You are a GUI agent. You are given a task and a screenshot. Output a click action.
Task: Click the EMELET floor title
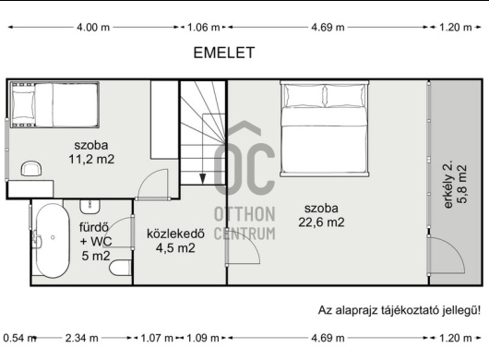pyautogui.click(x=224, y=53)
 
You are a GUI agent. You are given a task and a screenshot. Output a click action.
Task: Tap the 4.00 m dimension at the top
pyautogui.click(x=93, y=28)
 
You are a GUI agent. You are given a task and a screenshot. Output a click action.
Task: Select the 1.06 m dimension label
pyautogui.click(x=204, y=28)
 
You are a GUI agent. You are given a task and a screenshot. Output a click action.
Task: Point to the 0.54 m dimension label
pyautogui.click(x=19, y=338)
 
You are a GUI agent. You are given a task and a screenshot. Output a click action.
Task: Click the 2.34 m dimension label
pyautogui.click(x=82, y=338)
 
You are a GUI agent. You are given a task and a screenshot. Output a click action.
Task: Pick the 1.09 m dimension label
pyautogui.click(x=202, y=338)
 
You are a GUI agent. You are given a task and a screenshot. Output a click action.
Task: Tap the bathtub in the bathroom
pyautogui.click(x=53, y=241)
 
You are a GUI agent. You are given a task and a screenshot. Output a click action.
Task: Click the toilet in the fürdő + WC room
pyautogui.click(x=120, y=268)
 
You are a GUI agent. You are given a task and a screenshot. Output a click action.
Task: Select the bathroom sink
pyautogui.click(x=90, y=206)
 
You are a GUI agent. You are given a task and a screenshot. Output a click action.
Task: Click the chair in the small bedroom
pyautogui.click(x=30, y=169)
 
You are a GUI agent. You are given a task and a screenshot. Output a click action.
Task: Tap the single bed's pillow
pyautogui.click(x=23, y=105)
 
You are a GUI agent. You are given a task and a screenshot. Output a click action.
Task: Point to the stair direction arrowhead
pyautogui.click(x=203, y=179)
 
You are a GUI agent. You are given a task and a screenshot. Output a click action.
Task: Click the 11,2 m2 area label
pyautogui.click(x=91, y=160)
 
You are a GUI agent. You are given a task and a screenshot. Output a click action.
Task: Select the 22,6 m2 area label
pyautogui.click(x=321, y=222)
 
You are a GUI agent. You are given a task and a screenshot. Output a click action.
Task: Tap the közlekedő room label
pyautogui.click(x=175, y=234)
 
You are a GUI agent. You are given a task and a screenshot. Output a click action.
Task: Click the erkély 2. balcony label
pyautogui.click(x=447, y=185)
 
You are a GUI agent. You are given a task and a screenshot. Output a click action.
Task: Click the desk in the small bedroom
pyautogui.click(x=30, y=189)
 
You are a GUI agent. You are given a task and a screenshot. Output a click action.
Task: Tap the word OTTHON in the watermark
pyautogui.click(x=244, y=214)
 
